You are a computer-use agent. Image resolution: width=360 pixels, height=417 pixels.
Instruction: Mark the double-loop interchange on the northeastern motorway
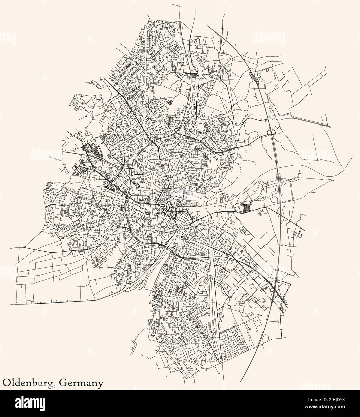pyautogui.click(x=271, y=131)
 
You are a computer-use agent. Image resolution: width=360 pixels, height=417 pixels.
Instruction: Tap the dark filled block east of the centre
pyautogui.click(x=246, y=207)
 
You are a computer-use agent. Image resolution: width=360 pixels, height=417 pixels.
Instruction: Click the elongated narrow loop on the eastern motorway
pyautogui.click(x=278, y=180)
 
